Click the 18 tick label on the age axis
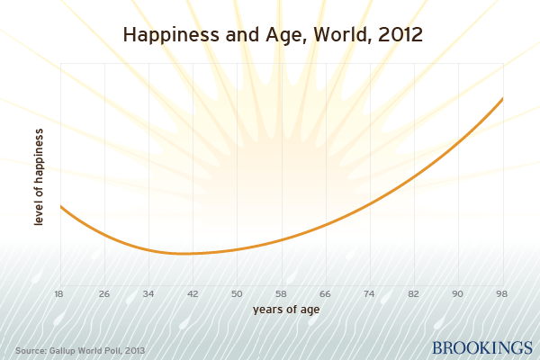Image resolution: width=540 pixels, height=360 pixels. pyautogui.click(x=60, y=293)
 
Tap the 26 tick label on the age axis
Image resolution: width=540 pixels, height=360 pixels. pyautogui.click(x=104, y=293)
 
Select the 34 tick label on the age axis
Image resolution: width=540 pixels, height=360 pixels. pyautogui.click(x=148, y=293)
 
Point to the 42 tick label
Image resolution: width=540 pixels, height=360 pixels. pyautogui.click(x=193, y=293)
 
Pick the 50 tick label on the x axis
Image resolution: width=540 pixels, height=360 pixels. pyautogui.click(x=237, y=293)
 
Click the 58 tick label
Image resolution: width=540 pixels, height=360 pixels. pyautogui.click(x=281, y=293)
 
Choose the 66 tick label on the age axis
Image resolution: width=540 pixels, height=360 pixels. pyautogui.click(x=325, y=293)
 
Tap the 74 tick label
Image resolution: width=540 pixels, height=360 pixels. pyautogui.click(x=369, y=293)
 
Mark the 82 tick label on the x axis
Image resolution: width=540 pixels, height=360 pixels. pyautogui.click(x=413, y=293)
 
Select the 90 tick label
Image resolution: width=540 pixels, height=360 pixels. pyautogui.click(x=457, y=293)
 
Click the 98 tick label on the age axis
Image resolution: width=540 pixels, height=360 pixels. pyautogui.click(x=501, y=293)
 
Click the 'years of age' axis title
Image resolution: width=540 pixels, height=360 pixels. pyautogui.click(x=281, y=310)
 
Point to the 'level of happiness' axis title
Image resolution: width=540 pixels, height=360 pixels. pyautogui.click(x=39, y=177)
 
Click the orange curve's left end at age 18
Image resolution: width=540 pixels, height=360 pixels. pyautogui.click(x=61, y=207)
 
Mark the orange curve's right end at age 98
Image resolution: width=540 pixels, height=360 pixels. pyautogui.click(x=501, y=98)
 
